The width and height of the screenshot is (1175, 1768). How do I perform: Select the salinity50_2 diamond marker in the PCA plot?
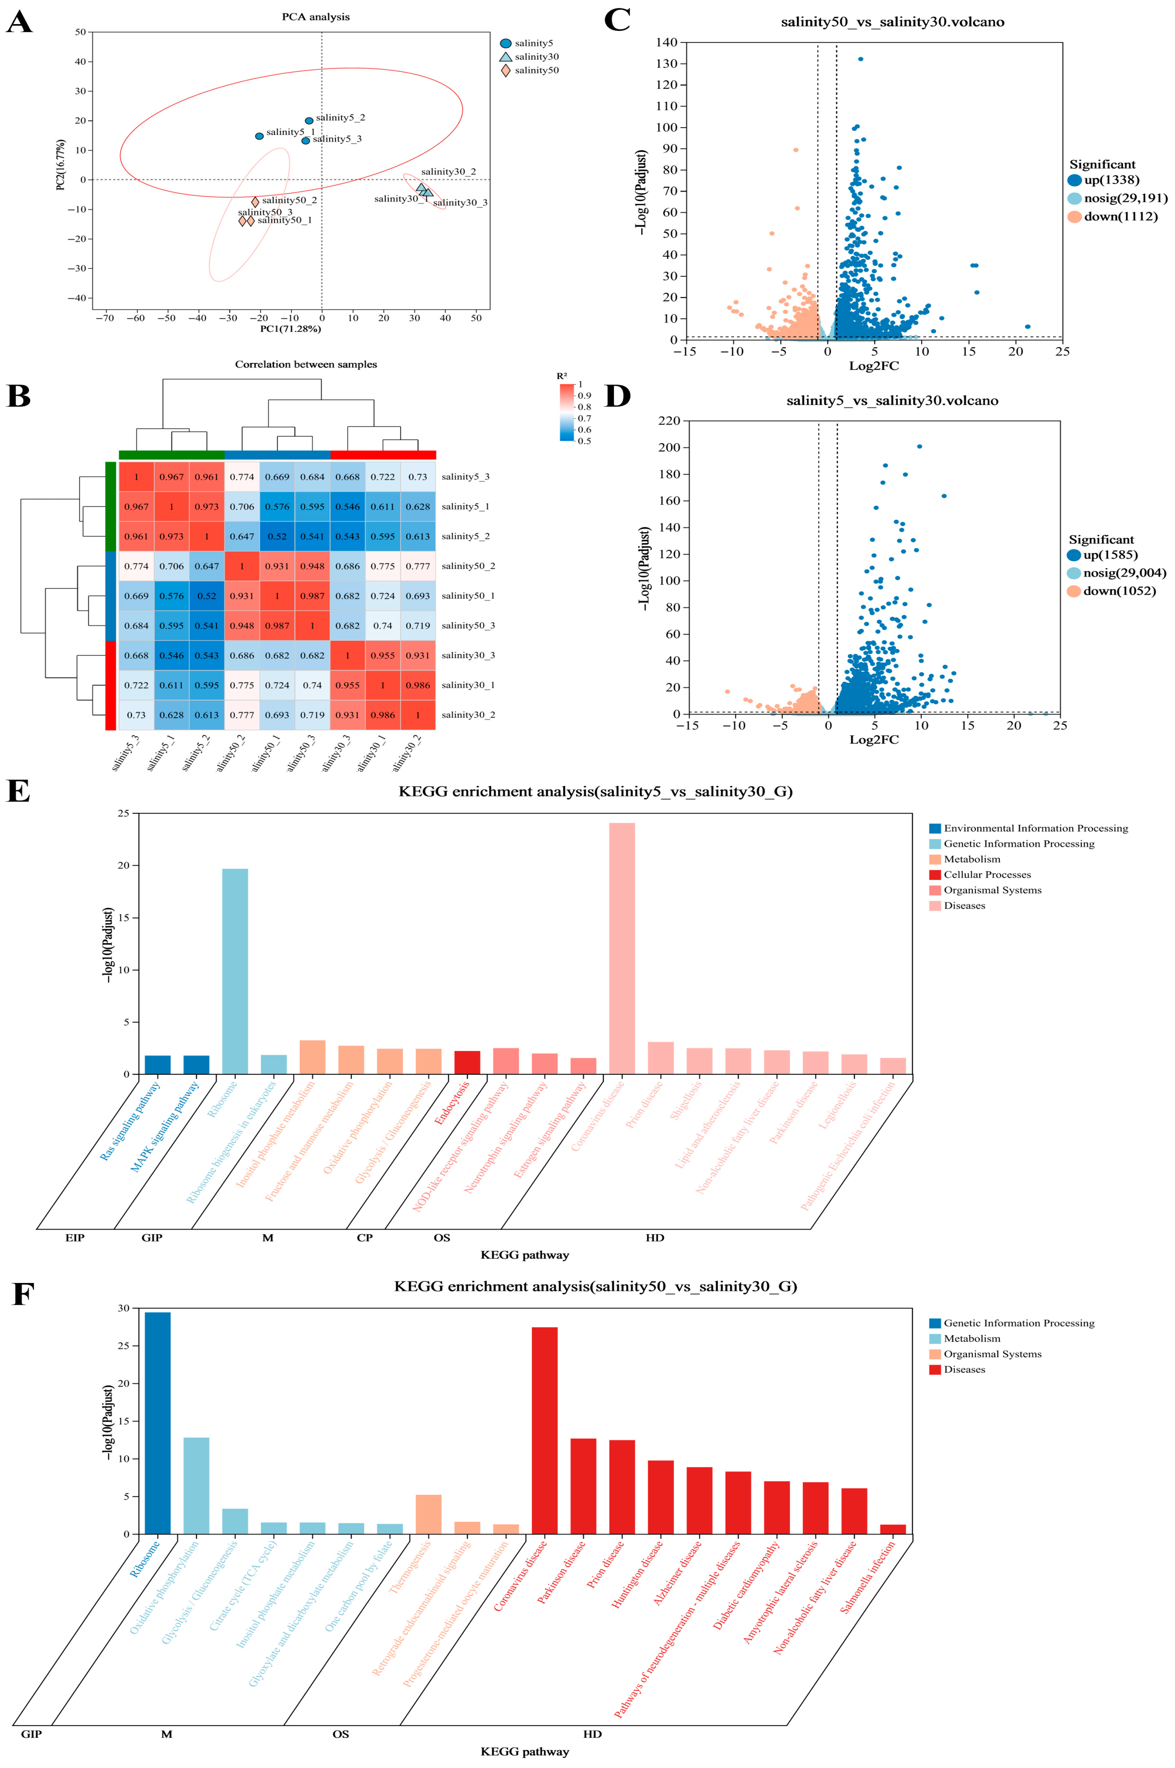255,202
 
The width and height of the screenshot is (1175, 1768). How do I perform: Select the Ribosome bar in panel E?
235,971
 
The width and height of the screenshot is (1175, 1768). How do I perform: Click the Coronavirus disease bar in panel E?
622,949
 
